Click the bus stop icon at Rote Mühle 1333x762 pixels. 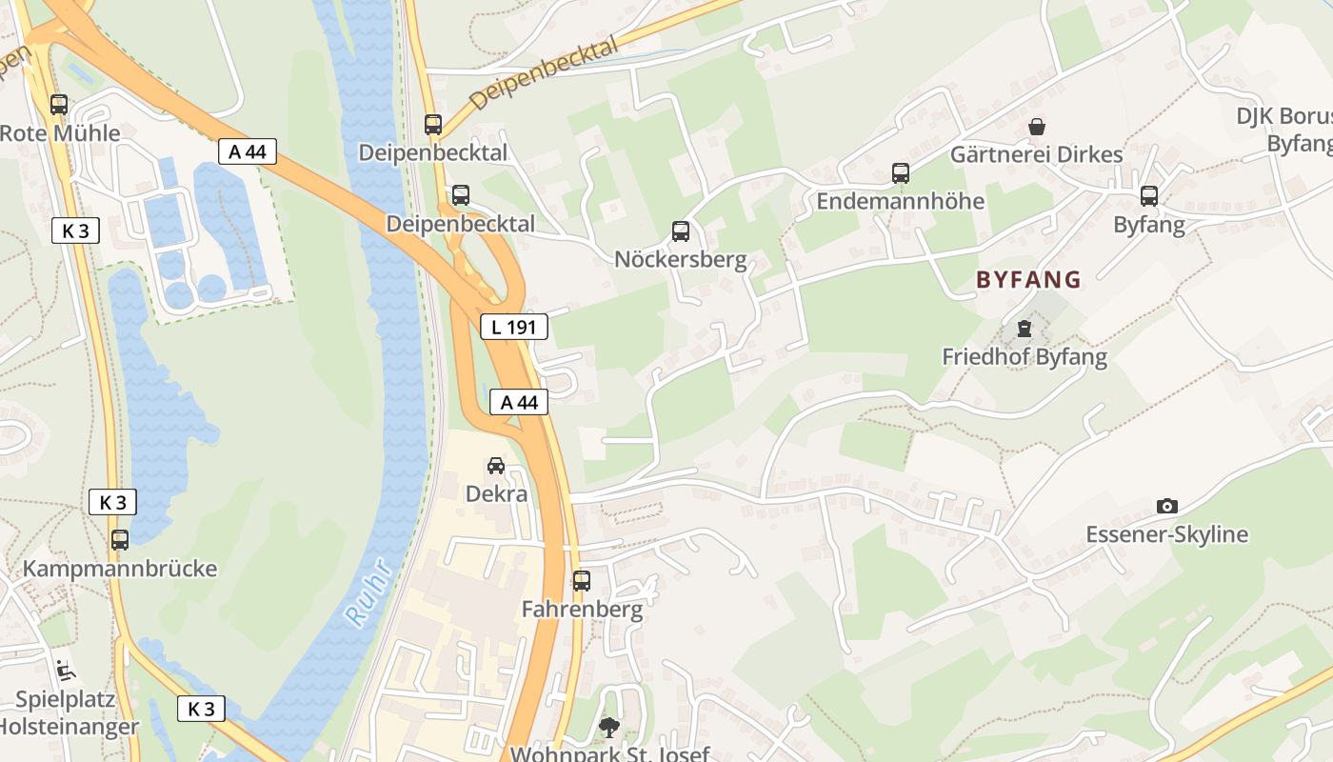(x=59, y=105)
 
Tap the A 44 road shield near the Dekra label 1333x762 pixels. (x=519, y=402)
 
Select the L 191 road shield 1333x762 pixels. (x=514, y=328)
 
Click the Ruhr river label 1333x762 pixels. (x=368, y=592)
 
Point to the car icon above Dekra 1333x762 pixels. (x=496, y=465)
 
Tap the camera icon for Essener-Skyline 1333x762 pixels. (x=1166, y=506)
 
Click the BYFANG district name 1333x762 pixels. (x=1028, y=279)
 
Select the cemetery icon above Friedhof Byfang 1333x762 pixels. (x=1024, y=329)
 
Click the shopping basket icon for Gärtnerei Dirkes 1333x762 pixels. (x=1037, y=126)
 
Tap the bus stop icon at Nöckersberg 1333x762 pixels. (x=681, y=231)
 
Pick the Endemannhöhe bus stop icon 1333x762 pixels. (x=901, y=173)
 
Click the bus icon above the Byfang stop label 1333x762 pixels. (x=1149, y=196)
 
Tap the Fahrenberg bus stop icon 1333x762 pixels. (x=582, y=580)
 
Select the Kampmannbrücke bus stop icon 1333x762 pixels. (x=120, y=540)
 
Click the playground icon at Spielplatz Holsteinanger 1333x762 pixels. (x=65, y=671)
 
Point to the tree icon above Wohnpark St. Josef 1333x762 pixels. (x=608, y=727)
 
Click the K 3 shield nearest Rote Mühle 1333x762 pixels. (x=75, y=230)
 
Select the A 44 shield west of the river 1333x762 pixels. (x=248, y=151)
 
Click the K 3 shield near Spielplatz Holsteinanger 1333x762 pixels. (x=201, y=708)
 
